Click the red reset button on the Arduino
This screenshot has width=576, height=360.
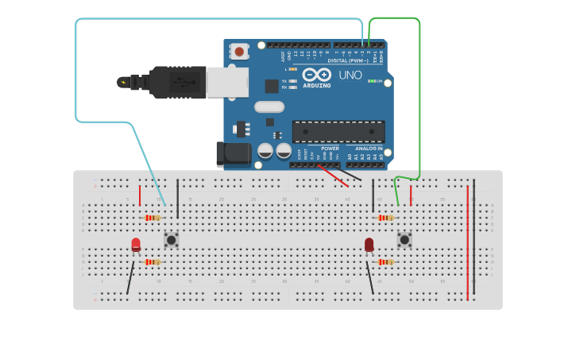click(x=239, y=52)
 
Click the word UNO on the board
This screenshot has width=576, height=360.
click(x=350, y=75)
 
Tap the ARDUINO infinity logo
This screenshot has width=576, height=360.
click(x=316, y=75)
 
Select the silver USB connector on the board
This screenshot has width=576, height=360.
click(x=227, y=82)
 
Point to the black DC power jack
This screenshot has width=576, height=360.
click(x=233, y=153)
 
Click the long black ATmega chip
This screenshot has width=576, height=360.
click(x=338, y=131)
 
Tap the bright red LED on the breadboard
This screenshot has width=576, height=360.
click(x=136, y=245)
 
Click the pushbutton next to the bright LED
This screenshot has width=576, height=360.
click(x=171, y=239)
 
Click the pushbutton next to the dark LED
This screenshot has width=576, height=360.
click(x=404, y=239)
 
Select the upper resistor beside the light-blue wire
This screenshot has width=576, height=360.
click(x=153, y=218)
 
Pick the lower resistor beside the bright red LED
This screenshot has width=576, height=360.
click(x=153, y=261)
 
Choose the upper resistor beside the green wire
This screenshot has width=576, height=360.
click(x=386, y=218)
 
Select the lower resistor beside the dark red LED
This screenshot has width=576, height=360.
click(x=386, y=261)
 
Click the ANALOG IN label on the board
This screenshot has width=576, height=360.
click(x=368, y=149)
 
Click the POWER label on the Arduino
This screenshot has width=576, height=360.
click(x=330, y=149)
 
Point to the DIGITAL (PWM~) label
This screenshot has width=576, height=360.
click(x=347, y=60)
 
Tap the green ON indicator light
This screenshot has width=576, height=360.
click(x=373, y=81)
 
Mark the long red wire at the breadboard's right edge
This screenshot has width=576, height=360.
click(x=468, y=242)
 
